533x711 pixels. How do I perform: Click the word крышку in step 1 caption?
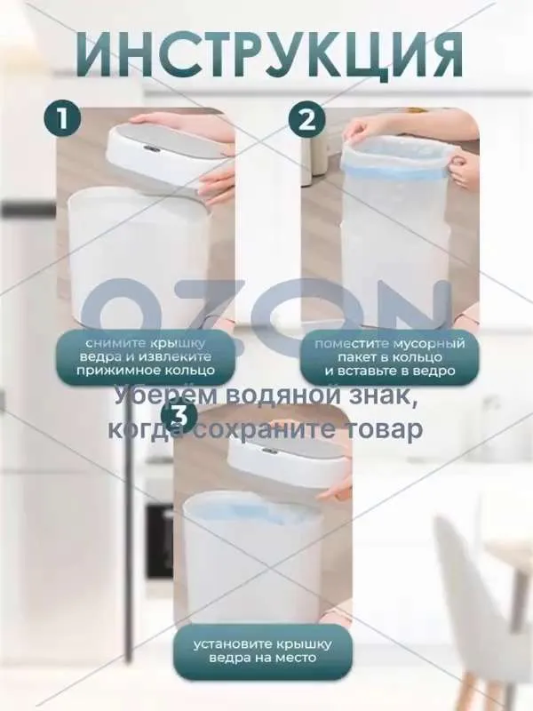point(186,344)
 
